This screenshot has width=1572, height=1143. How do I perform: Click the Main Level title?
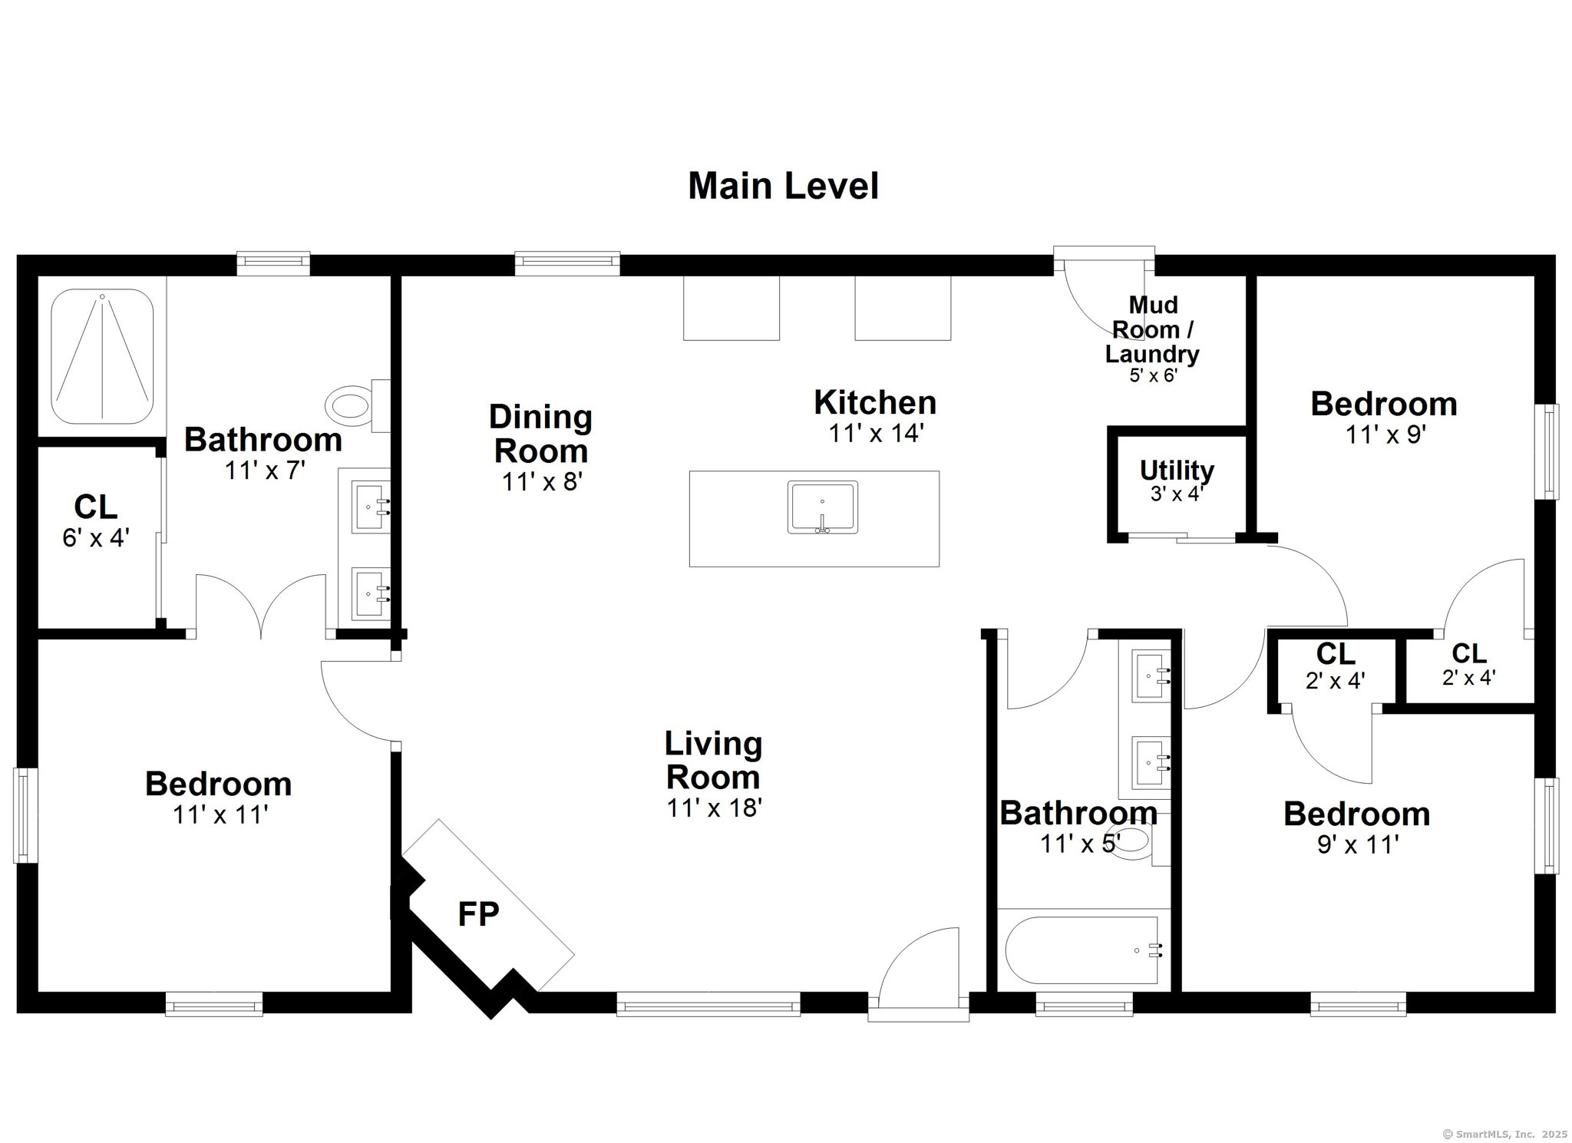[x=783, y=187]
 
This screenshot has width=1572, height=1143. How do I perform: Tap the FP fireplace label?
[x=478, y=914]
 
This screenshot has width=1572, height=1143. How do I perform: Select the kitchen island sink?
[x=822, y=507]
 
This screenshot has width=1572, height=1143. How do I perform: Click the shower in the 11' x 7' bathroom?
[x=102, y=356]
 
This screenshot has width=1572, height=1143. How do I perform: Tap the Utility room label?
[x=1177, y=470]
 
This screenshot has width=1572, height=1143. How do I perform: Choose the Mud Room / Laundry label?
[x=1152, y=329]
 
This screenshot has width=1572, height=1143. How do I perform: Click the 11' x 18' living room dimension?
[x=714, y=808]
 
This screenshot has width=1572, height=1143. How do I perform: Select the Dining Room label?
[x=540, y=434]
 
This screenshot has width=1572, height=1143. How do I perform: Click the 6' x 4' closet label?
[x=96, y=537]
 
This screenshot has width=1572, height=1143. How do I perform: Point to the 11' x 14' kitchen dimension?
[x=875, y=433]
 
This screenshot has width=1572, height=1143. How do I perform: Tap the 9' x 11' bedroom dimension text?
[x=1358, y=844]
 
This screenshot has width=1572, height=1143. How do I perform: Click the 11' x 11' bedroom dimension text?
[x=220, y=814]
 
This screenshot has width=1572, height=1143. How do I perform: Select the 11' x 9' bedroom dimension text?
[x=1385, y=434]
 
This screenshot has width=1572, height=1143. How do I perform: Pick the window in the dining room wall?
[x=567, y=263]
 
